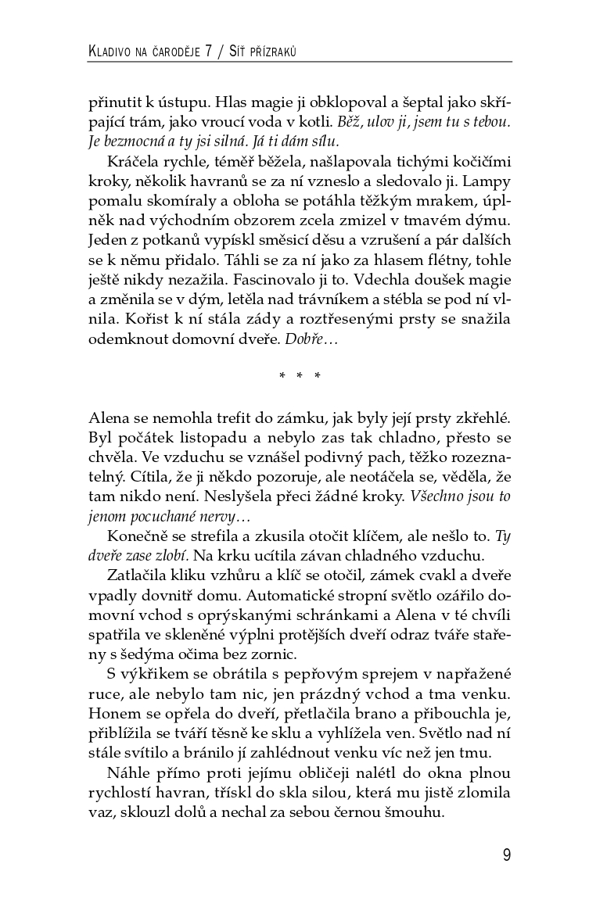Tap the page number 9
(506, 854)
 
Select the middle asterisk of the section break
(300, 376)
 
